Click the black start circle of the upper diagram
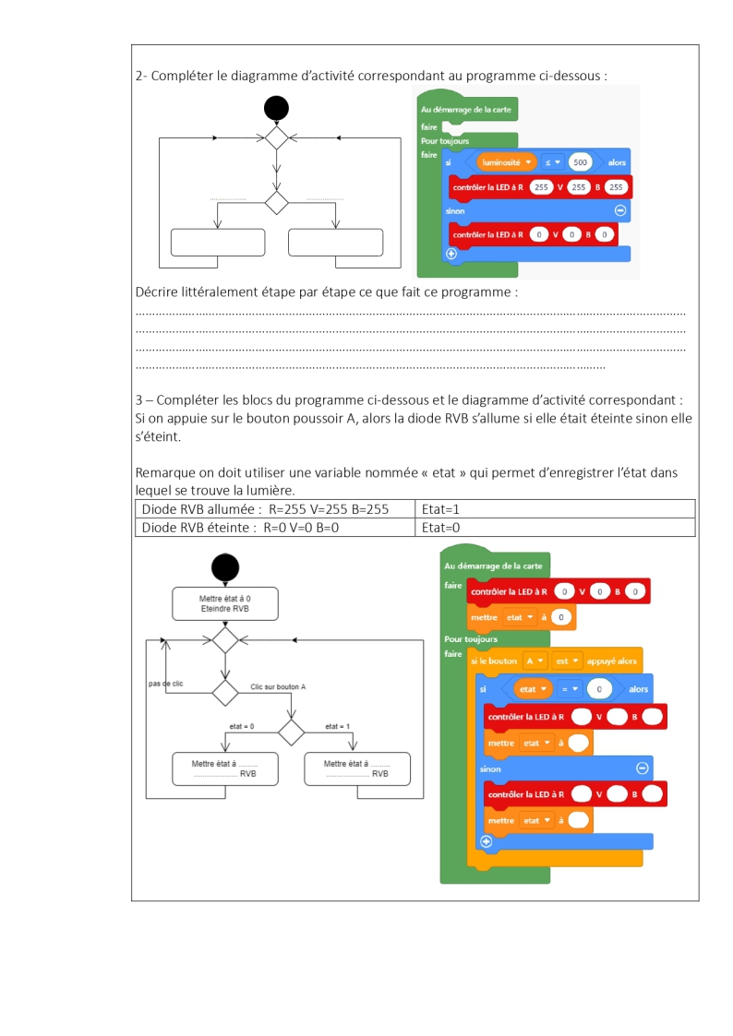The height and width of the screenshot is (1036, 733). tap(276, 109)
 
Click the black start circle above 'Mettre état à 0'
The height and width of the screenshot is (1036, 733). tap(225, 567)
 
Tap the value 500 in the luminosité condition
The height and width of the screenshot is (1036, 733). tap(581, 162)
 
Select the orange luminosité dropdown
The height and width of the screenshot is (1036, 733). tap(507, 162)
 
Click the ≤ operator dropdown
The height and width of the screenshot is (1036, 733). tap(552, 162)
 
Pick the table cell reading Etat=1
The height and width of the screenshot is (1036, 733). tap(555, 508)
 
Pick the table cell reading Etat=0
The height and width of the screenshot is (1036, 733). tap(555, 528)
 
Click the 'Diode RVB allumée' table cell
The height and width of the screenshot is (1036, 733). tap(275, 508)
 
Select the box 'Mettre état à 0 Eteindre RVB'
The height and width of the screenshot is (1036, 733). tap(225, 603)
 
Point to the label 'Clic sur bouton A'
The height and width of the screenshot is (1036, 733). tap(278, 687)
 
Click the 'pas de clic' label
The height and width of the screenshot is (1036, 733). tap(165, 684)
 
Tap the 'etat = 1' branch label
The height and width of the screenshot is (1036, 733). tap(338, 727)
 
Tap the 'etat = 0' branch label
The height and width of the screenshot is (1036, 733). tap(241, 727)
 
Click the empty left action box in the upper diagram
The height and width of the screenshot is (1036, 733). tap(218, 241)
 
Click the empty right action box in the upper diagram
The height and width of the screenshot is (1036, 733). tap(335, 241)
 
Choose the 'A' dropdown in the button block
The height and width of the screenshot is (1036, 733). tap(535, 661)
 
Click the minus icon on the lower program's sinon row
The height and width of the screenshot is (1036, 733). tap(643, 768)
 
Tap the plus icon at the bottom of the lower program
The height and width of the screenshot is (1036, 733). tap(487, 841)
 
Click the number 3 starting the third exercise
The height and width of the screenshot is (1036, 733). tap(138, 400)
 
